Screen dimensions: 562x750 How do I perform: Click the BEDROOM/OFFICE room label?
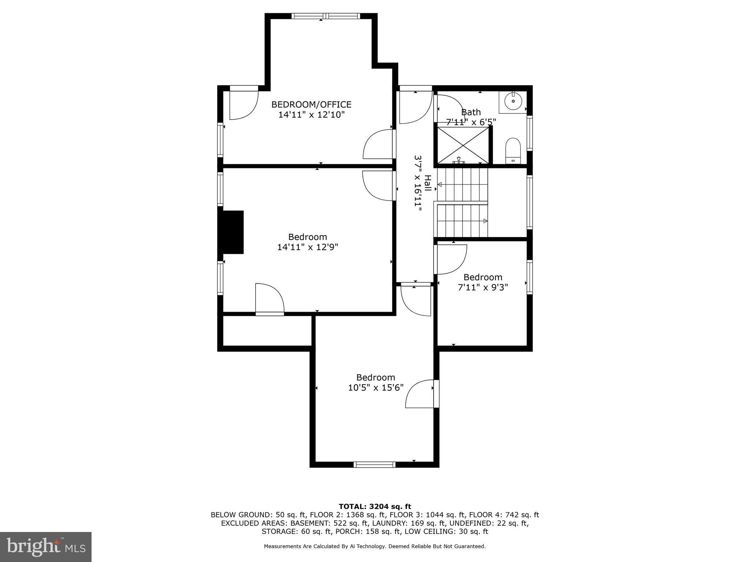pyautogui.click(x=311, y=105)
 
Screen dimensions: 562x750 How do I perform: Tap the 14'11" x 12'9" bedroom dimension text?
pyautogui.click(x=307, y=247)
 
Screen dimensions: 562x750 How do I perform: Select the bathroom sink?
pyautogui.click(x=513, y=101)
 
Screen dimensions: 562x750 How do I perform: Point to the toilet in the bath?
pyautogui.click(x=513, y=150)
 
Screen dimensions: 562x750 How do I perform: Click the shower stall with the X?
pyautogui.click(x=463, y=145)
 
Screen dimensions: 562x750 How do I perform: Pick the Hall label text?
pyautogui.click(x=427, y=183)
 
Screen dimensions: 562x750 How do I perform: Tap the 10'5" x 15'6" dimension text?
pyautogui.click(x=375, y=387)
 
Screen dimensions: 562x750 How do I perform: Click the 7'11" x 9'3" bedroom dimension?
pyautogui.click(x=483, y=288)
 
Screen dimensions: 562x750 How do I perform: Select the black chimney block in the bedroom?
pyautogui.click(x=231, y=232)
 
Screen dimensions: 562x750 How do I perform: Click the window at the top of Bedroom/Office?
pyautogui.click(x=326, y=16)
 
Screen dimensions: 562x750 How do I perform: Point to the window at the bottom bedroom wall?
pyautogui.click(x=374, y=465)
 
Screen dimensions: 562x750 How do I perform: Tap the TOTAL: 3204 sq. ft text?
pyautogui.click(x=375, y=507)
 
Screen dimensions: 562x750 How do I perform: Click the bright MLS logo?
pyautogui.click(x=45, y=547)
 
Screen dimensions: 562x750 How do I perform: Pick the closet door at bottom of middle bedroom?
pyautogui.click(x=270, y=299)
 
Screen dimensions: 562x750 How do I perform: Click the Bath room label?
pyautogui.click(x=471, y=112)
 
